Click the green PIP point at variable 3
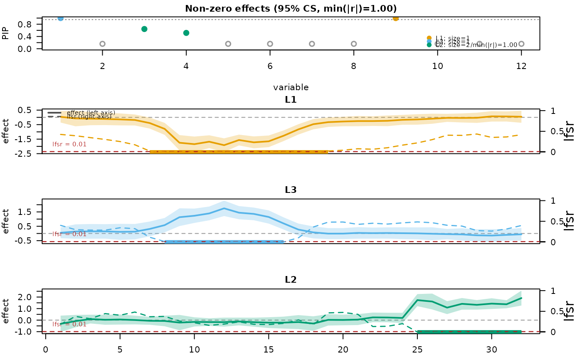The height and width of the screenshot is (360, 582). click(x=144, y=29)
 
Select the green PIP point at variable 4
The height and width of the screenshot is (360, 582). click(x=186, y=33)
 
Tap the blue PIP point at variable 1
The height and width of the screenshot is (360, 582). click(x=61, y=18)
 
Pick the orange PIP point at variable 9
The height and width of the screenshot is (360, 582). click(x=395, y=18)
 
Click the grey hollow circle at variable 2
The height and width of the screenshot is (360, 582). click(x=102, y=44)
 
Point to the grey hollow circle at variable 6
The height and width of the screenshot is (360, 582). click(x=270, y=44)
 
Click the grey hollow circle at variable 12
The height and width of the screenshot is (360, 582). click(x=521, y=44)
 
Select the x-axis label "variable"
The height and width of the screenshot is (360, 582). click(x=291, y=87)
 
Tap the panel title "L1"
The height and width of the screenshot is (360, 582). click(x=291, y=100)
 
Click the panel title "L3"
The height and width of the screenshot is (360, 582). click(x=291, y=190)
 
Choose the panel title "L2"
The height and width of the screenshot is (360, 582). click(x=291, y=279)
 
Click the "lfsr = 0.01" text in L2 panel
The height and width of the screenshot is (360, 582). click(x=69, y=324)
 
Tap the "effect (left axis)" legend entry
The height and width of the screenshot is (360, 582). click(x=91, y=113)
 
